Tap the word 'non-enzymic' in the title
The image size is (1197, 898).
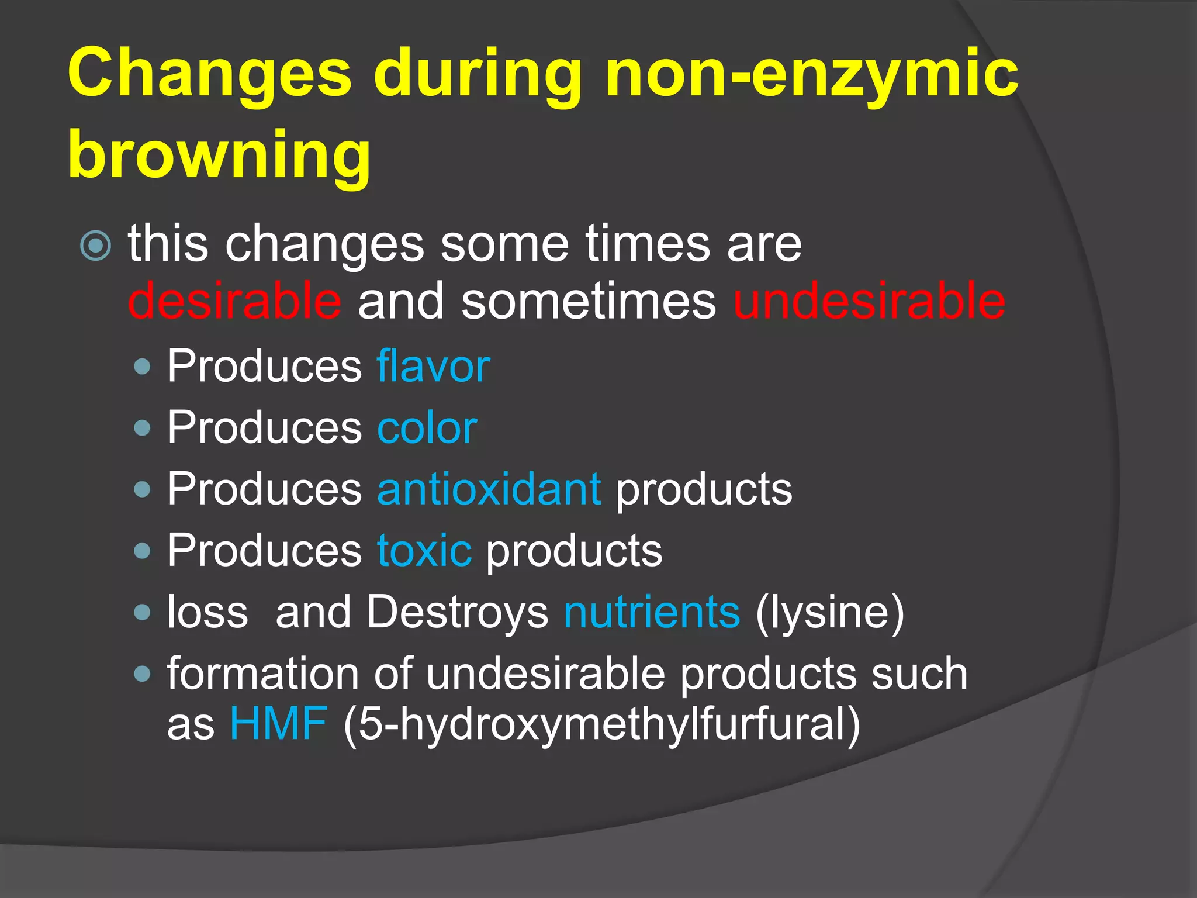tap(812, 74)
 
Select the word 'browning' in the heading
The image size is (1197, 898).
tap(219, 155)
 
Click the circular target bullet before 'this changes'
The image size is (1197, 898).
tap(95, 245)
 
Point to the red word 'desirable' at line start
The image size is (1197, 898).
tap(234, 301)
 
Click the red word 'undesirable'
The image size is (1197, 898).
tap(869, 301)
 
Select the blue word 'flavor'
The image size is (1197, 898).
tap(433, 366)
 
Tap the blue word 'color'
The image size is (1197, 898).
tap(427, 427)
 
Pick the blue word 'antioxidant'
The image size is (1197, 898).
tap(489, 489)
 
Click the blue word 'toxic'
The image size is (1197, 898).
tap(424, 550)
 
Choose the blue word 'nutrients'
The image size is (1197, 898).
tap(652, 612)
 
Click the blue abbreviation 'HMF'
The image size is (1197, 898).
tap(278, 723)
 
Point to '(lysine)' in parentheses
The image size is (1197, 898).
tap(829, 612)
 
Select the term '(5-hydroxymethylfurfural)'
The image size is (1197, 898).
tap(601, 723)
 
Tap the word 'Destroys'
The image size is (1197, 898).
tap(458, 612)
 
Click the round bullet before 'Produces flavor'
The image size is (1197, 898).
tap(142, 367)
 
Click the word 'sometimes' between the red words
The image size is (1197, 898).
tap(589, 301)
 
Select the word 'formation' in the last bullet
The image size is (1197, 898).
tap(262, 673)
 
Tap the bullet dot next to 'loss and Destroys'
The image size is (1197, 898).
tap(142, 613)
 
